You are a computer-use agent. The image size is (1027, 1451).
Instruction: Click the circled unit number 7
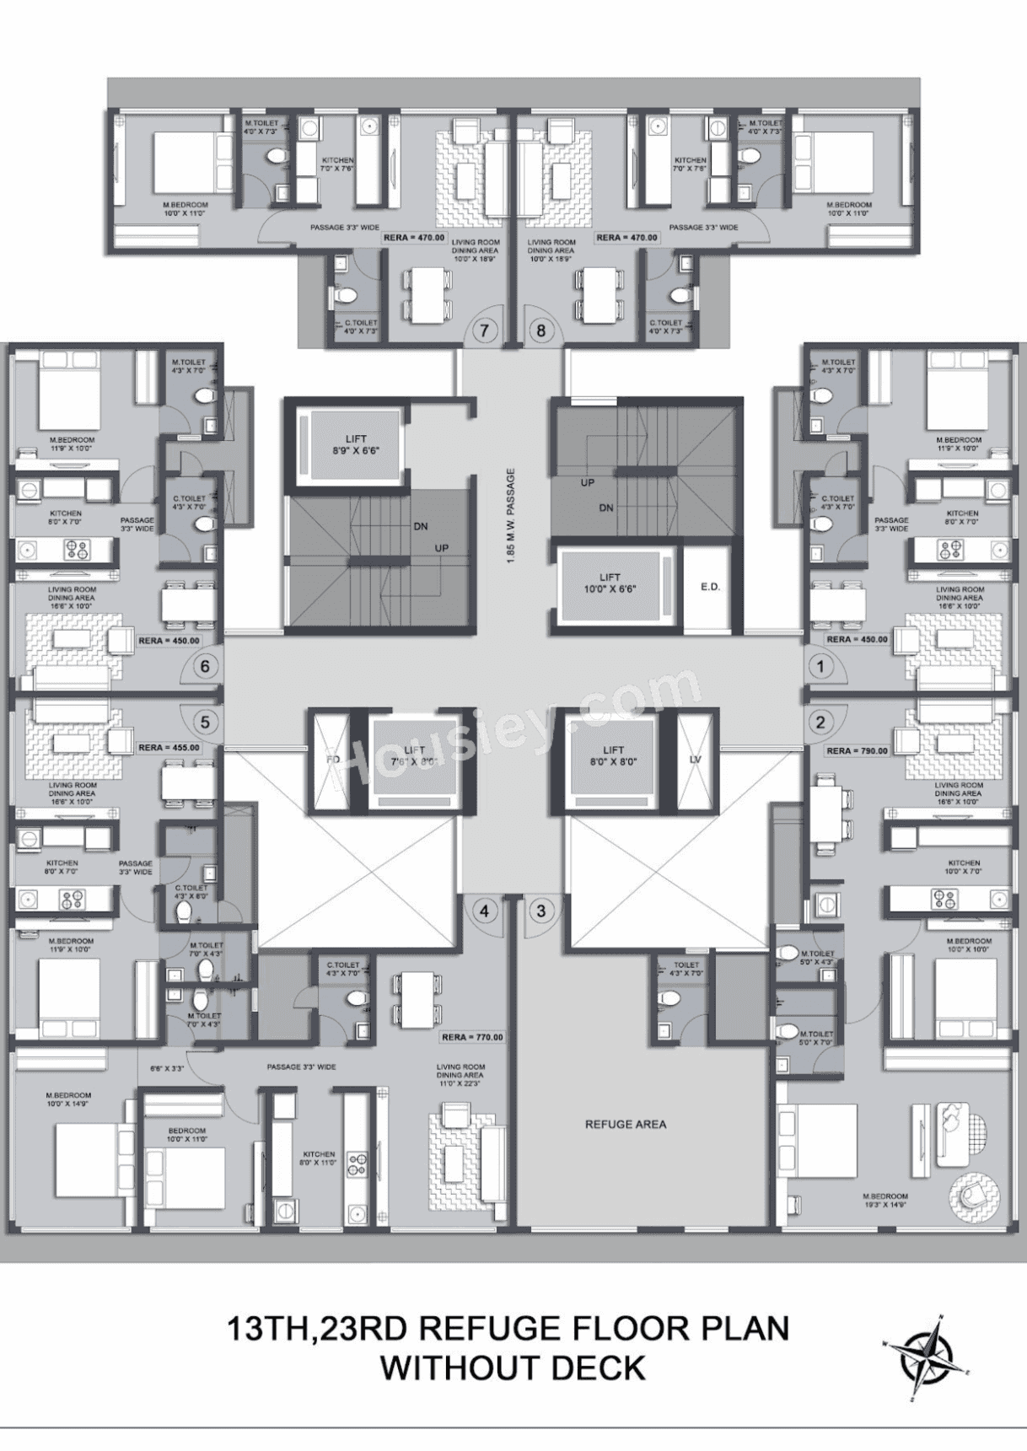[484, 331]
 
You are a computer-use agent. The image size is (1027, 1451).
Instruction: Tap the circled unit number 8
[541, 331]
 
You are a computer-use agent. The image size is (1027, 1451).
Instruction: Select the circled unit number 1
[820, 667]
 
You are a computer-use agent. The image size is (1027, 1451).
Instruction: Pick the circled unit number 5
[205, 722]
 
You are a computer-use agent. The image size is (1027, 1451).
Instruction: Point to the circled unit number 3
[541, 911]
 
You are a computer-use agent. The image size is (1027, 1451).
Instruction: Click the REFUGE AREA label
[626, 1124]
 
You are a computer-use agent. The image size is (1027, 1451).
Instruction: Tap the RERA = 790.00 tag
[858, 750]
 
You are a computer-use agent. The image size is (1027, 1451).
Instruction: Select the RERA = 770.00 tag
[472, 1037]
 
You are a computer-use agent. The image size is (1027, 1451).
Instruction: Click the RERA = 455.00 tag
[169, 748]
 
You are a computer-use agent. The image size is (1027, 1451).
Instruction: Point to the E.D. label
[710, 587]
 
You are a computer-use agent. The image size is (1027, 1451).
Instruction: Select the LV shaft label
[695, 760]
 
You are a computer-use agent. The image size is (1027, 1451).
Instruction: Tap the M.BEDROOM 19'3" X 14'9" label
[885, 1201]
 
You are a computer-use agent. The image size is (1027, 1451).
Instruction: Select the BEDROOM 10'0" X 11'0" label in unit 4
[186, 1135]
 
